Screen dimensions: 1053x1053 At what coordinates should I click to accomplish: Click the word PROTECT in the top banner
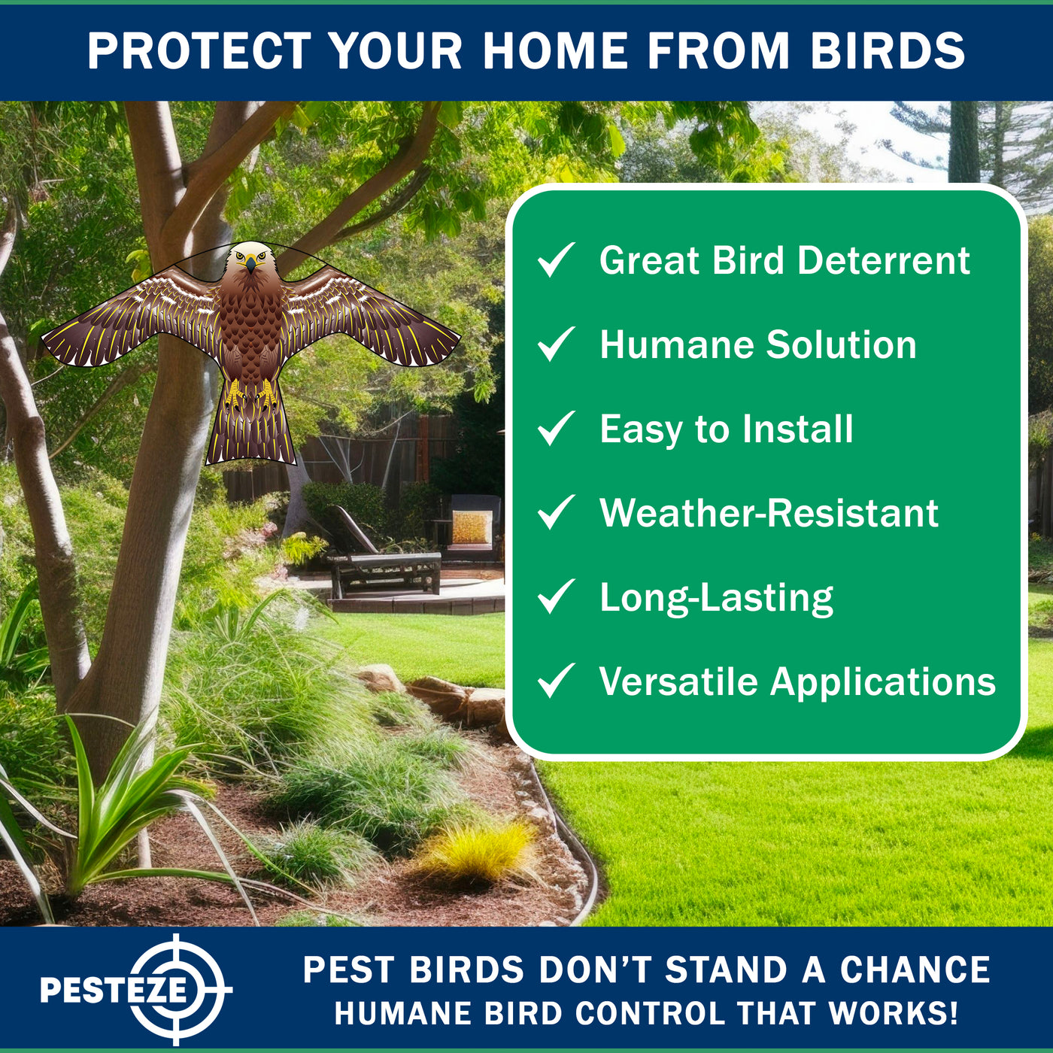[x=199, y=51]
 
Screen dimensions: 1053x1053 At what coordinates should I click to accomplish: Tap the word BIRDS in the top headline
[x=888, y=51]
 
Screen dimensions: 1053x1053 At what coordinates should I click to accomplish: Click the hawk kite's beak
[x=250, y=265]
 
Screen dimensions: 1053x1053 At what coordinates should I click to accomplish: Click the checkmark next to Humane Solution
[x=557, y=344]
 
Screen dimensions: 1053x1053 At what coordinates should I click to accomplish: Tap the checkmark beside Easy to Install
[x=557, y=428]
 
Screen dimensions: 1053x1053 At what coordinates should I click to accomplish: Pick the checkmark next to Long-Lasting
[x=557, y=596]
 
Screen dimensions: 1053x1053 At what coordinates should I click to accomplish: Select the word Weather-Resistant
[x=769, y=512]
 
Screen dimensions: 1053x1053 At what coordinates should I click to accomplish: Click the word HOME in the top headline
[x=555, y=51]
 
